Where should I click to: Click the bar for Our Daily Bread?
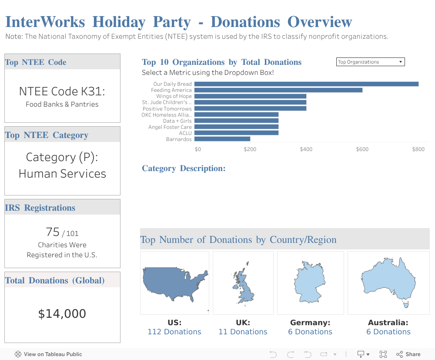(306, 84)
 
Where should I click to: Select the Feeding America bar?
(278, 90)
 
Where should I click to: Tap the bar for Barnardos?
(222, 139)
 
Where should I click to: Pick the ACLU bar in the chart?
(236, 133)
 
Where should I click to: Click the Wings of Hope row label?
(174, 96)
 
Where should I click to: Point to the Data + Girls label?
(177, 121)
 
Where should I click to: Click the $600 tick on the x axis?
(362, 149)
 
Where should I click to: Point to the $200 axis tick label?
(250, 149)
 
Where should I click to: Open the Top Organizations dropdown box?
(371, 62)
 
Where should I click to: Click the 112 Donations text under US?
(174, 332)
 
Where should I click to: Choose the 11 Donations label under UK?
(243, 332)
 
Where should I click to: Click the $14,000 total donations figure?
(62, 314)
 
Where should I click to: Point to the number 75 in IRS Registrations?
(52, 232)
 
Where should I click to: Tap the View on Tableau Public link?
(48, 354)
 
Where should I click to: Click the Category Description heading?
(184, 168)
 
